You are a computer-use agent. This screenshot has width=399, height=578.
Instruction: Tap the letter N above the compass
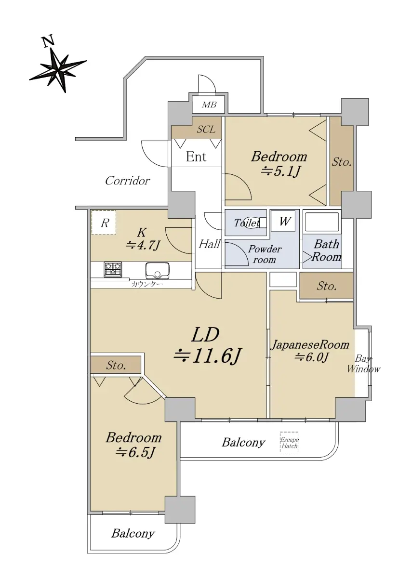[48, 41]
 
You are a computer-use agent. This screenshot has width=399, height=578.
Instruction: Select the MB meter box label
[209, 105]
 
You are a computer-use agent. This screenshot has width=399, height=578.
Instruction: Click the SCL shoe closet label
[206, 129]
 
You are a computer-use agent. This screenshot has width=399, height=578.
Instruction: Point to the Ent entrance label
[196, 157]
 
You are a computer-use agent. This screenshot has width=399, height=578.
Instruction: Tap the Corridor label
[128, 181]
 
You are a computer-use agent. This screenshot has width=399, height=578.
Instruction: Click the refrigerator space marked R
[104, 223]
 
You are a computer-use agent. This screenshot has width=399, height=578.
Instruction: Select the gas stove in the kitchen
[113, 269]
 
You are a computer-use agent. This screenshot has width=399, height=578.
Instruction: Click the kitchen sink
[158, 271]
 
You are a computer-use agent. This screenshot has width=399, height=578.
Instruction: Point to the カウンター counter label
[147, 285]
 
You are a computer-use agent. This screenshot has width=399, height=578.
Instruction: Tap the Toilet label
[247, 223]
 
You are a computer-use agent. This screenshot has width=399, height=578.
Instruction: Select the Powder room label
[265, 254]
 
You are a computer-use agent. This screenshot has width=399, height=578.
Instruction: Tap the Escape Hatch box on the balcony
[289, 442]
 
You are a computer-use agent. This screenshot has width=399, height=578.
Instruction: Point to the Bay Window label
[363, 364]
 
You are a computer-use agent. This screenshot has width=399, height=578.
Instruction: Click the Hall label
[209, 244]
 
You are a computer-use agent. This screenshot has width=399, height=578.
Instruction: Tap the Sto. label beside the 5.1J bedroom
[342, 162]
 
